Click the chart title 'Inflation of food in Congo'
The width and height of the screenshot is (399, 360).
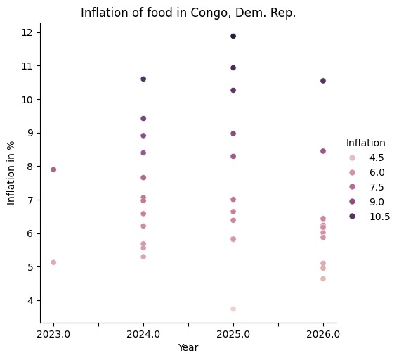coord(188,13)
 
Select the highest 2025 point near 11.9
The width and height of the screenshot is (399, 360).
coord(233,36)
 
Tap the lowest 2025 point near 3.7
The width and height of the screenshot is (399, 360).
coord(233,309)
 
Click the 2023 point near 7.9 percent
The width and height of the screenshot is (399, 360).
coord(53,169)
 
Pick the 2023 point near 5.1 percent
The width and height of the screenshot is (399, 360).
coord(53,262)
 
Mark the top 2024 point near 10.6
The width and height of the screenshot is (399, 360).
coord(143,79)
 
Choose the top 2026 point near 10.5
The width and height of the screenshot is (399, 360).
coord(323,81)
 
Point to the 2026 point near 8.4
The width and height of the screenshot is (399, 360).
coord(323,151)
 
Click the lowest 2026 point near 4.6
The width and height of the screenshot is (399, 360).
coord(323,278)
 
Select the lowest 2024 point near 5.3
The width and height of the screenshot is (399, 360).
coord(143,257)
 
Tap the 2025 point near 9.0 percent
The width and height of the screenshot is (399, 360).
coord(233,134)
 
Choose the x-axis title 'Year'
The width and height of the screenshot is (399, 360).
coord(188,348)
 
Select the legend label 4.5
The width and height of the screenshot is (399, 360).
coord(379,157)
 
